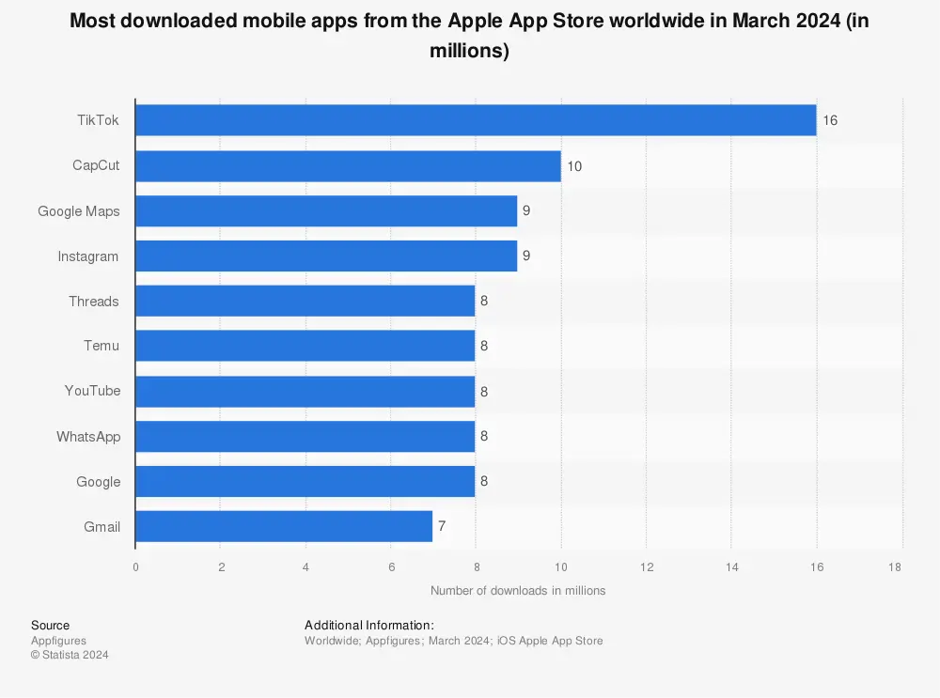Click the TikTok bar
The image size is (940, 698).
point(476,120)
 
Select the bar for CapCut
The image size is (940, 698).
point(348,166)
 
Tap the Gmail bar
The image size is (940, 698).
point(284,526)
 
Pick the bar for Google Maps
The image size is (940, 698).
point(326,211)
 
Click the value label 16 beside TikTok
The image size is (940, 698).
point(829,120)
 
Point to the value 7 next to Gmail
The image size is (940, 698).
point(442,526)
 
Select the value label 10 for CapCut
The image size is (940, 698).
point(574,166)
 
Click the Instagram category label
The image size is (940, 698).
point(88,256)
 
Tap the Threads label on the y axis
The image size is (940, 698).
point(93,302)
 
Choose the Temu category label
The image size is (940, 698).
point(102,346)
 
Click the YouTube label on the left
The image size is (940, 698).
point(92,391)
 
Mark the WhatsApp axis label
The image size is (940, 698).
point(88,436)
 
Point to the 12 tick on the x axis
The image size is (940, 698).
point(647,566)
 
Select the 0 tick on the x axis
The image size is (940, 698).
point(135,566)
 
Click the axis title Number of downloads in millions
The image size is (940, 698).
point(518,591)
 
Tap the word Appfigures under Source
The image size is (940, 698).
point(58,641)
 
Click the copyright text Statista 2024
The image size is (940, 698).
point(70,655)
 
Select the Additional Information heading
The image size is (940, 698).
point(368,625)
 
